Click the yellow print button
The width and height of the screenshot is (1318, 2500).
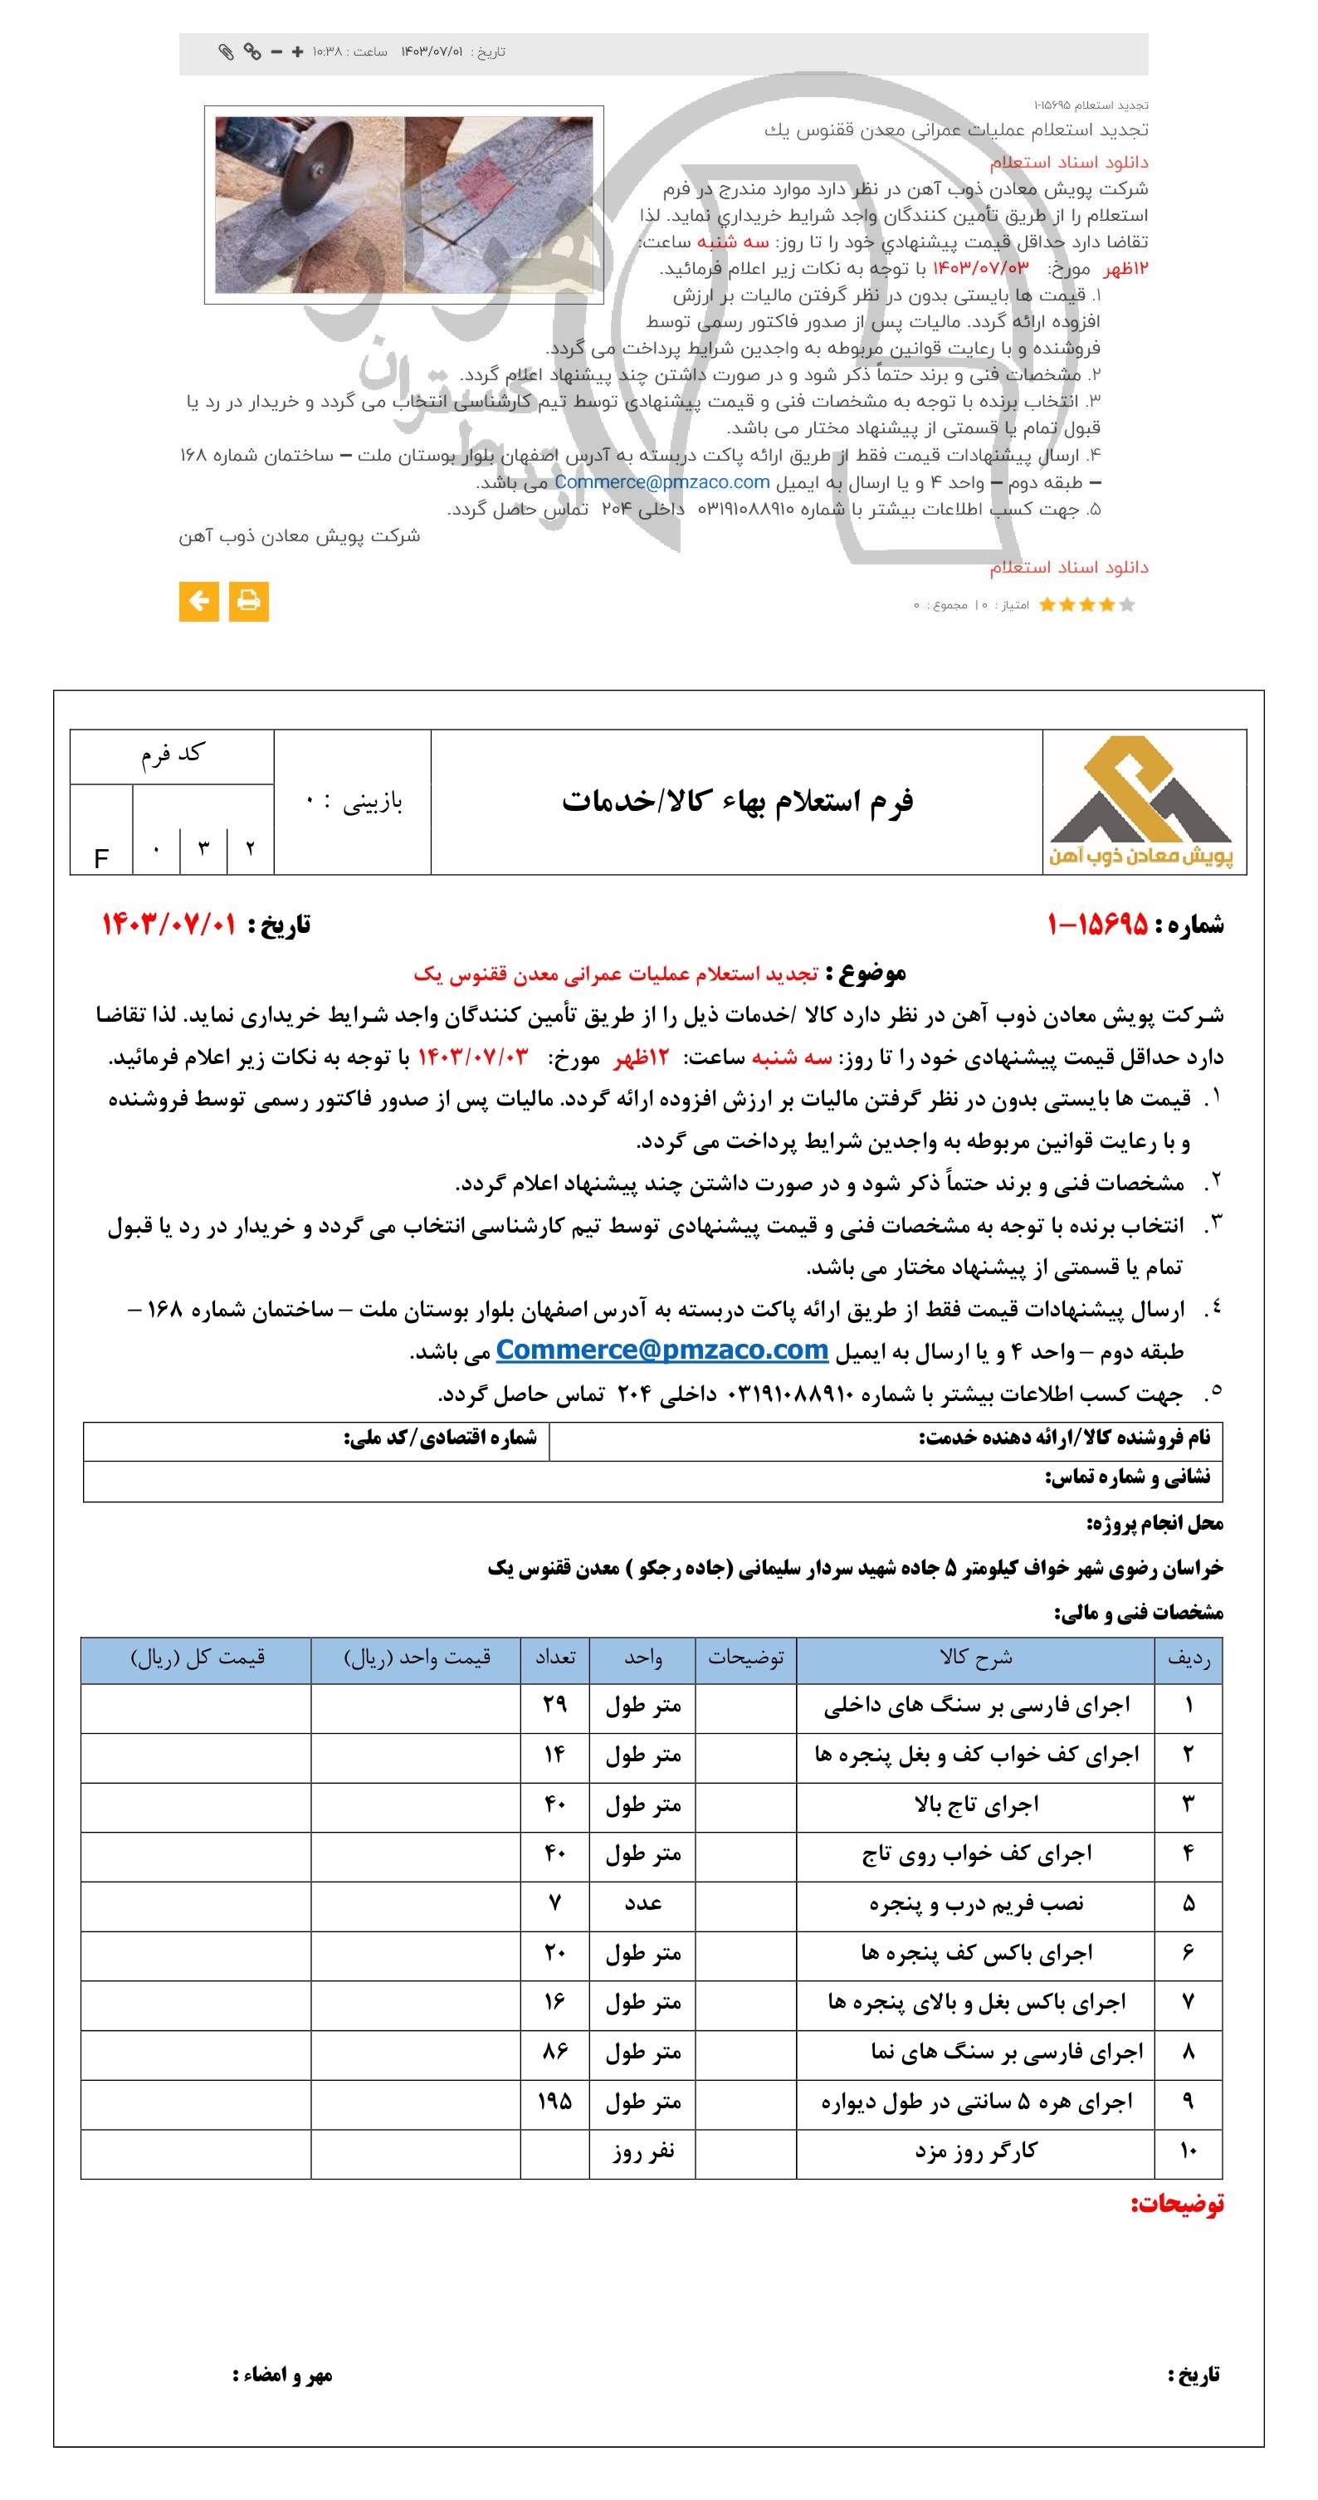click(248, 601)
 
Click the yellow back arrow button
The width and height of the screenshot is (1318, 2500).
click(199, 601)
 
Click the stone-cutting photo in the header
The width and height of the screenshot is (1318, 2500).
click(403, 205)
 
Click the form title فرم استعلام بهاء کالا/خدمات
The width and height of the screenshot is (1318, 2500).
click(737, 801)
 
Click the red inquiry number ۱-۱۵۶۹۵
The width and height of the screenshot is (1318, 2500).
click(1096, 924)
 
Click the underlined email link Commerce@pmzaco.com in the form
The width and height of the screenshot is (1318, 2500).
click(662, 1350)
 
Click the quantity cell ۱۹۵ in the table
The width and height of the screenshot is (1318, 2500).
click(554, 2101)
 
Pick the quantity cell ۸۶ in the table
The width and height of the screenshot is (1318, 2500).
click(554, 2052)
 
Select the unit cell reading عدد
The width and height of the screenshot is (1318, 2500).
click(642, 1903)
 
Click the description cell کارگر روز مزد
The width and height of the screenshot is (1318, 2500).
click(975, 2151)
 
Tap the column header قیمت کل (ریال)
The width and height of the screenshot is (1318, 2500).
click(197, 1658)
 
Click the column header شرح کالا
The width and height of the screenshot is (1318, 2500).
click(975, 1658)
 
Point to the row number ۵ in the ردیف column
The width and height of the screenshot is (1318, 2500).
click(1189, 1903)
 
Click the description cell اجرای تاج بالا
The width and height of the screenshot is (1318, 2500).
click(975, 1804)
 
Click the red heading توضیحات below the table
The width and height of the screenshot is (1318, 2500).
click(1176, 2204)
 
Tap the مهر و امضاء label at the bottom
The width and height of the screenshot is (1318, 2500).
click(282, 2375)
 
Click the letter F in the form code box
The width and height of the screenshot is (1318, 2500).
click(101, 858)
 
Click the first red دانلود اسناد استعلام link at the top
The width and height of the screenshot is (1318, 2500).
click(1068, 162)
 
